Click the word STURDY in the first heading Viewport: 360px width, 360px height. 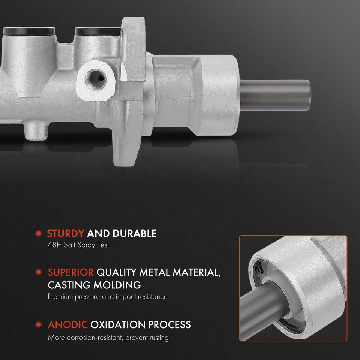point(65,234)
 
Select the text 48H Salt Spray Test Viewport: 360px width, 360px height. point(78,245)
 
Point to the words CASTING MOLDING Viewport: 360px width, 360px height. point(94,285)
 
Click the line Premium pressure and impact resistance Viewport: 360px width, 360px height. point(108,297)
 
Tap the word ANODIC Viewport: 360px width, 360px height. point(67,324)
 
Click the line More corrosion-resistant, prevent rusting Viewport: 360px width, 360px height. point(108,337)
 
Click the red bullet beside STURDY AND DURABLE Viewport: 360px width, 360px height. point(38,234)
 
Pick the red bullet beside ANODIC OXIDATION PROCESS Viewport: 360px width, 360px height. point(38,324)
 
